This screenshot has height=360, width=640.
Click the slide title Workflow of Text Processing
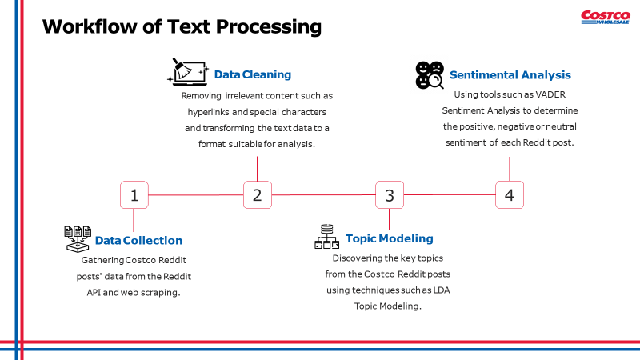[x=182, y=26]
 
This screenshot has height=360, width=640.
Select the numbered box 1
[x=134, y=194]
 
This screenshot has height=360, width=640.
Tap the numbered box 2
[x=257, y=194]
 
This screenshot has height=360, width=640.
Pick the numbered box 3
[x=390, y=194]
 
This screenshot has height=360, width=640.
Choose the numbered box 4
[x=510, y=194]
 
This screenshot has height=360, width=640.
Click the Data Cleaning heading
[x=252, y=74]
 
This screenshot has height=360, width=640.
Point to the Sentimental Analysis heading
[x=510, y=74]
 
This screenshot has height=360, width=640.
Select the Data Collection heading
[x=138, y=240]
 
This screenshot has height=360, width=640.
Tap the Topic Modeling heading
[x=389, y=238]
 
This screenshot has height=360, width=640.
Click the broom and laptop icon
[x=188, y=71]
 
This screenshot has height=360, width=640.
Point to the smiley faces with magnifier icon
[x=430, y=74]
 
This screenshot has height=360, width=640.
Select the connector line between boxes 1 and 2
[x=196, y=194]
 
